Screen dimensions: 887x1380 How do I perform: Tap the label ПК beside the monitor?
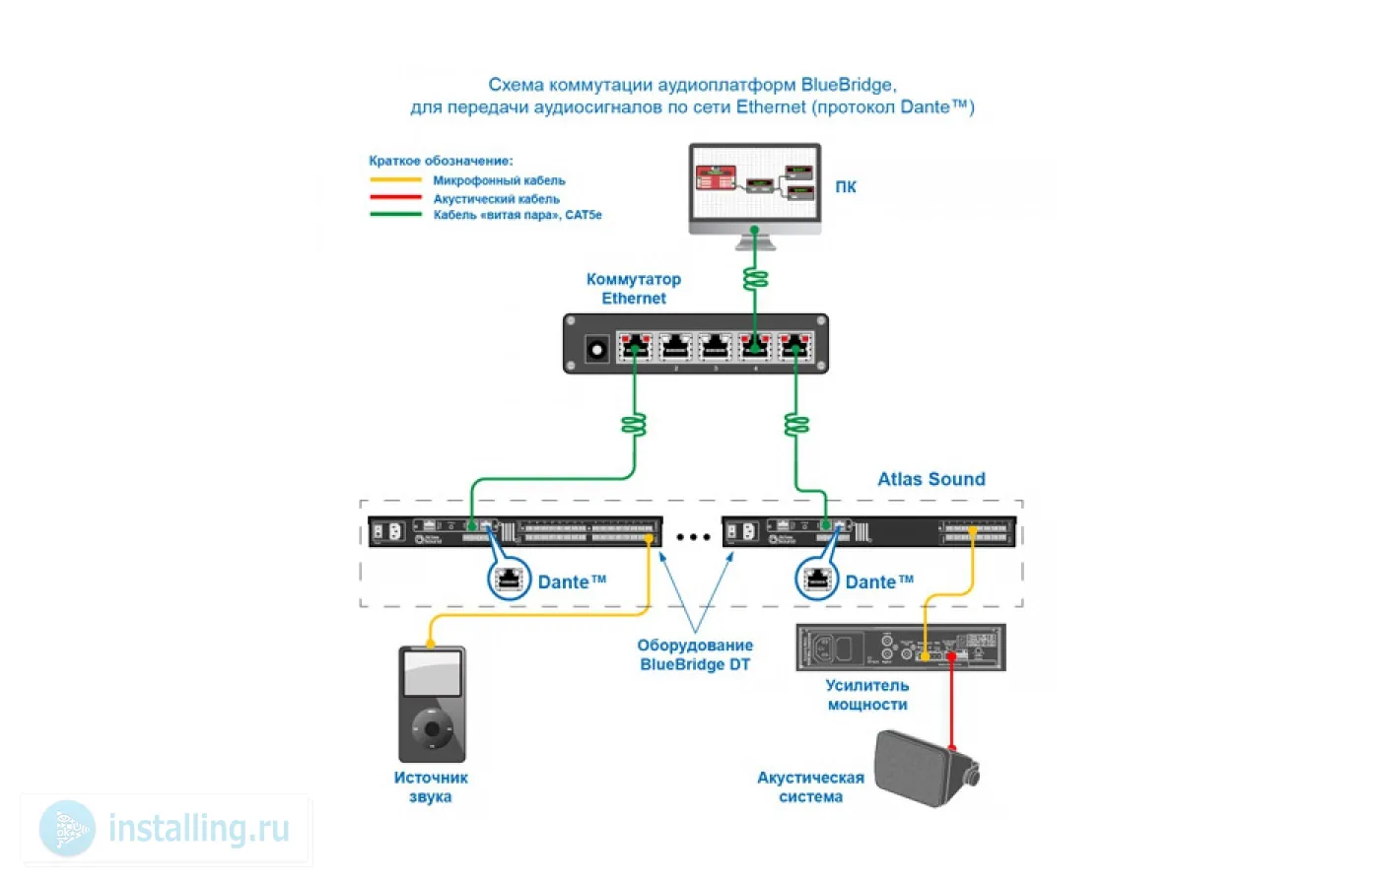[846, 187]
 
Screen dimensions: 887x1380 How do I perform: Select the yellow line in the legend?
[395, 180]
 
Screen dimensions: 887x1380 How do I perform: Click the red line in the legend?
[395, 198]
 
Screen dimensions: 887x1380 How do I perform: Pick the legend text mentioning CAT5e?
[517, 215]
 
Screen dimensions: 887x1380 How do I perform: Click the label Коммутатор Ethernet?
[634, 289]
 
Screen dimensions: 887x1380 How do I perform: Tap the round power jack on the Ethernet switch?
[595, 349]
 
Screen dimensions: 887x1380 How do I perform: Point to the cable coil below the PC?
[755, 279]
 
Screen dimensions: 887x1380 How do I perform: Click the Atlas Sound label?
[931, 479]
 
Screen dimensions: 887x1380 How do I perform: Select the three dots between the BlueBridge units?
[693, 537]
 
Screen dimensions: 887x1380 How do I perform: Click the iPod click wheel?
[432, 730]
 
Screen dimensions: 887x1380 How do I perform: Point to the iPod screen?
[432, 674]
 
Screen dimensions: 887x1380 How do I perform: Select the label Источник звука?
[431, 786]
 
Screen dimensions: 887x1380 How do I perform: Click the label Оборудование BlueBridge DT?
[695, 654]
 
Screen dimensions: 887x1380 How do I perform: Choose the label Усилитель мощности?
[867, 695]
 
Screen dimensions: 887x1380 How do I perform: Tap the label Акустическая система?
[810, 786]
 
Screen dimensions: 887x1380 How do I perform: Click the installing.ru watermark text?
[198, 829]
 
